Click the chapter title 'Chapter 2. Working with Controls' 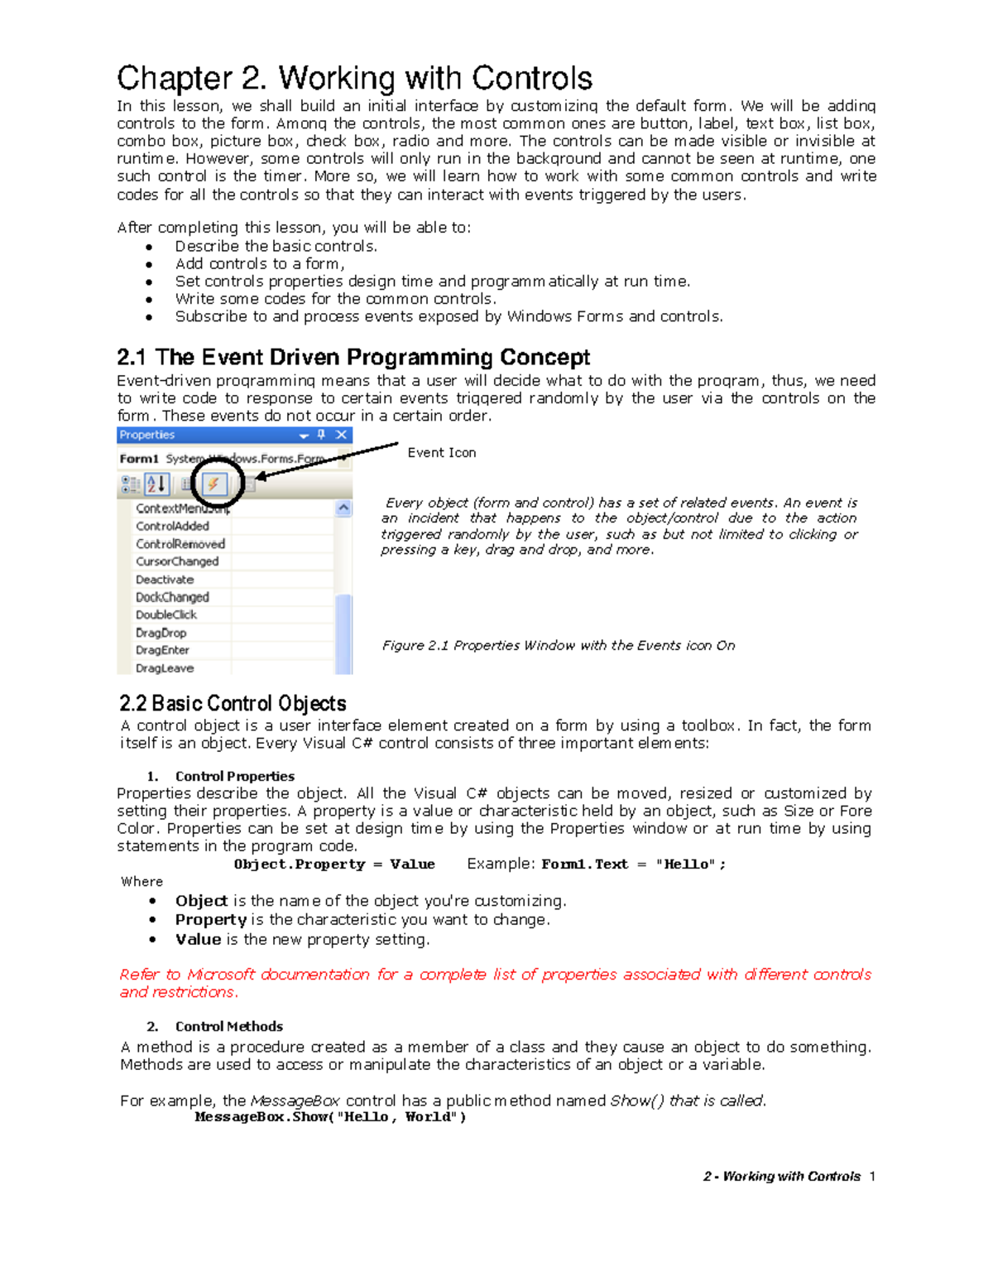(x=354, y=79)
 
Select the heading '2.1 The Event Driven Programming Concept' (x=353, y=357)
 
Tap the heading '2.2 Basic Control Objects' (x=233, y=704)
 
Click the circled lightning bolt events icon (x=213, y=484)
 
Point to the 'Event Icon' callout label (x=441, y=453)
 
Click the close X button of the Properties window (x=341, y=435)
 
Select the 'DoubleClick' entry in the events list (x=166, y=614)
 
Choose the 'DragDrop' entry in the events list (x=161, y=633)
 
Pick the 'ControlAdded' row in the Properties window (x=172, y=526)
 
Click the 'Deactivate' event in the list (x=165, y=580)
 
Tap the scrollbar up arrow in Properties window (x=343, y=508)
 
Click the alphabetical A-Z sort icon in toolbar (x=156, y=484)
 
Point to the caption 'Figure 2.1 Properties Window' (x=558, y=646)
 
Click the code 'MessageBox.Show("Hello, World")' (x=330, y=1117)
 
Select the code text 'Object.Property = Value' (x=333, y=865)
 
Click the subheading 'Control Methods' (x=228, y=1027)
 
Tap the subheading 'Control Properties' (x=234, y=777)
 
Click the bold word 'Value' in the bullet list (x=198, y=940)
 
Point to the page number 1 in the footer (x=872, y=1177)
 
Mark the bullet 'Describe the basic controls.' (x=276, y=247)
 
